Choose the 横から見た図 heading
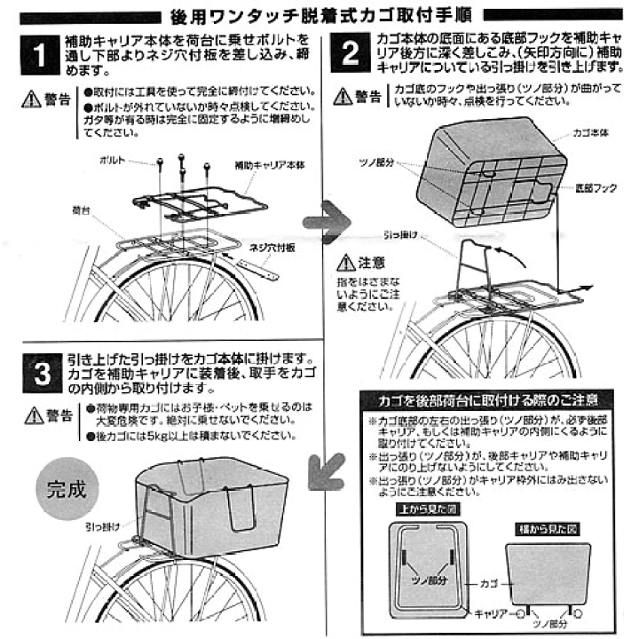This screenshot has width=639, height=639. pos(542,529)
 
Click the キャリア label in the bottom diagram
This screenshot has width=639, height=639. pos(491,613)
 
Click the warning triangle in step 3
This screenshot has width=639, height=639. pos(33,414)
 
